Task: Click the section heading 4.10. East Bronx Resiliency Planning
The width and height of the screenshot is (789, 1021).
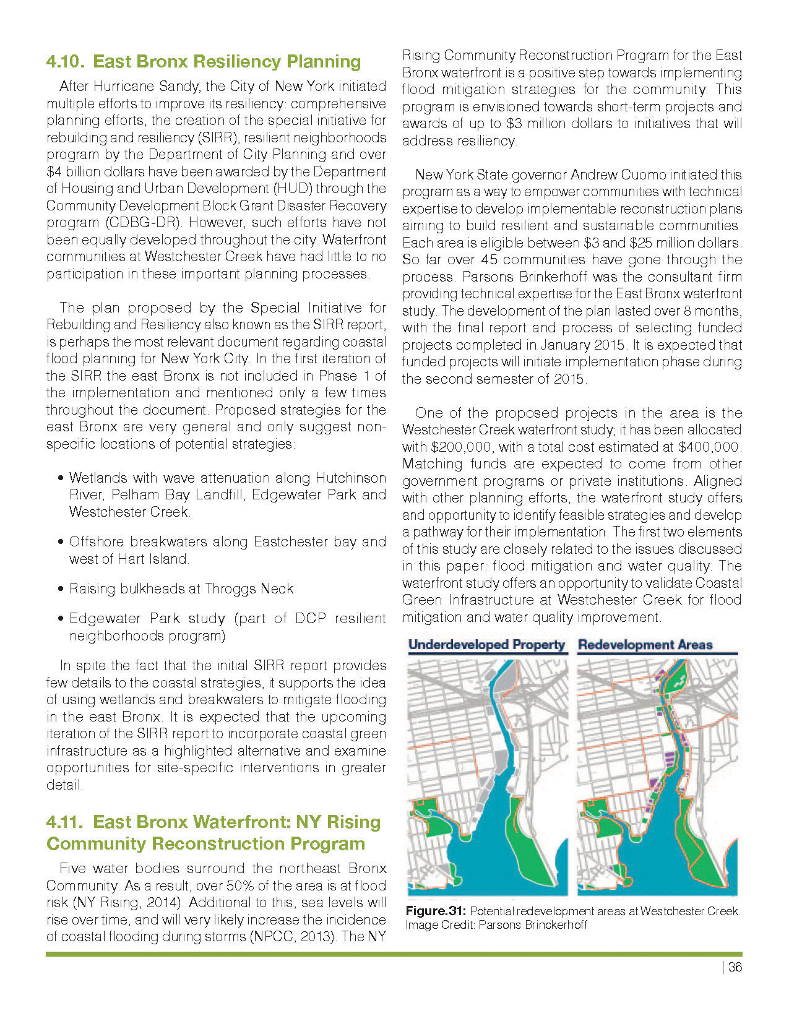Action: [x=204, y=62]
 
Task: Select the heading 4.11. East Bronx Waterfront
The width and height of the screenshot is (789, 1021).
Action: [x=213, y=833]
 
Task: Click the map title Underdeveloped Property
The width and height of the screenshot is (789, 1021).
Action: [x=486, y=645]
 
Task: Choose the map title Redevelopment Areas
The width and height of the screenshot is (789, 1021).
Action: [x=645, y=645]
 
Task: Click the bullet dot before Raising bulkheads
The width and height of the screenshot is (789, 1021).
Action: [x=60, y=589]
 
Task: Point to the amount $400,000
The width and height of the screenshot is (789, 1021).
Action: [x=709, y=447]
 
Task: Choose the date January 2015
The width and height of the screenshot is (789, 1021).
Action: [x=592, y=345]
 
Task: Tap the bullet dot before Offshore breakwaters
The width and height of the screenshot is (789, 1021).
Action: [x=60, y=543]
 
